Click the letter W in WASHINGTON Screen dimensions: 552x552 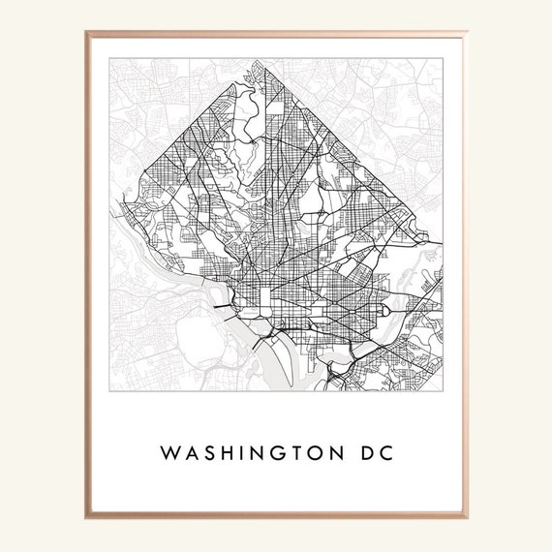pyautogui.click(x=169, y=453)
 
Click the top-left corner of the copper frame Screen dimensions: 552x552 pyautogui.click(x=85, y=31)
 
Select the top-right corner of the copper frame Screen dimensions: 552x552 pyautogui.click(x=467, y=31)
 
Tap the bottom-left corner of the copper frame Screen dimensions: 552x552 pyautogui.click(x=85, y=521)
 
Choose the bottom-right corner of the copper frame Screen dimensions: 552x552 pyautogui.click(x=467, y=521)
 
